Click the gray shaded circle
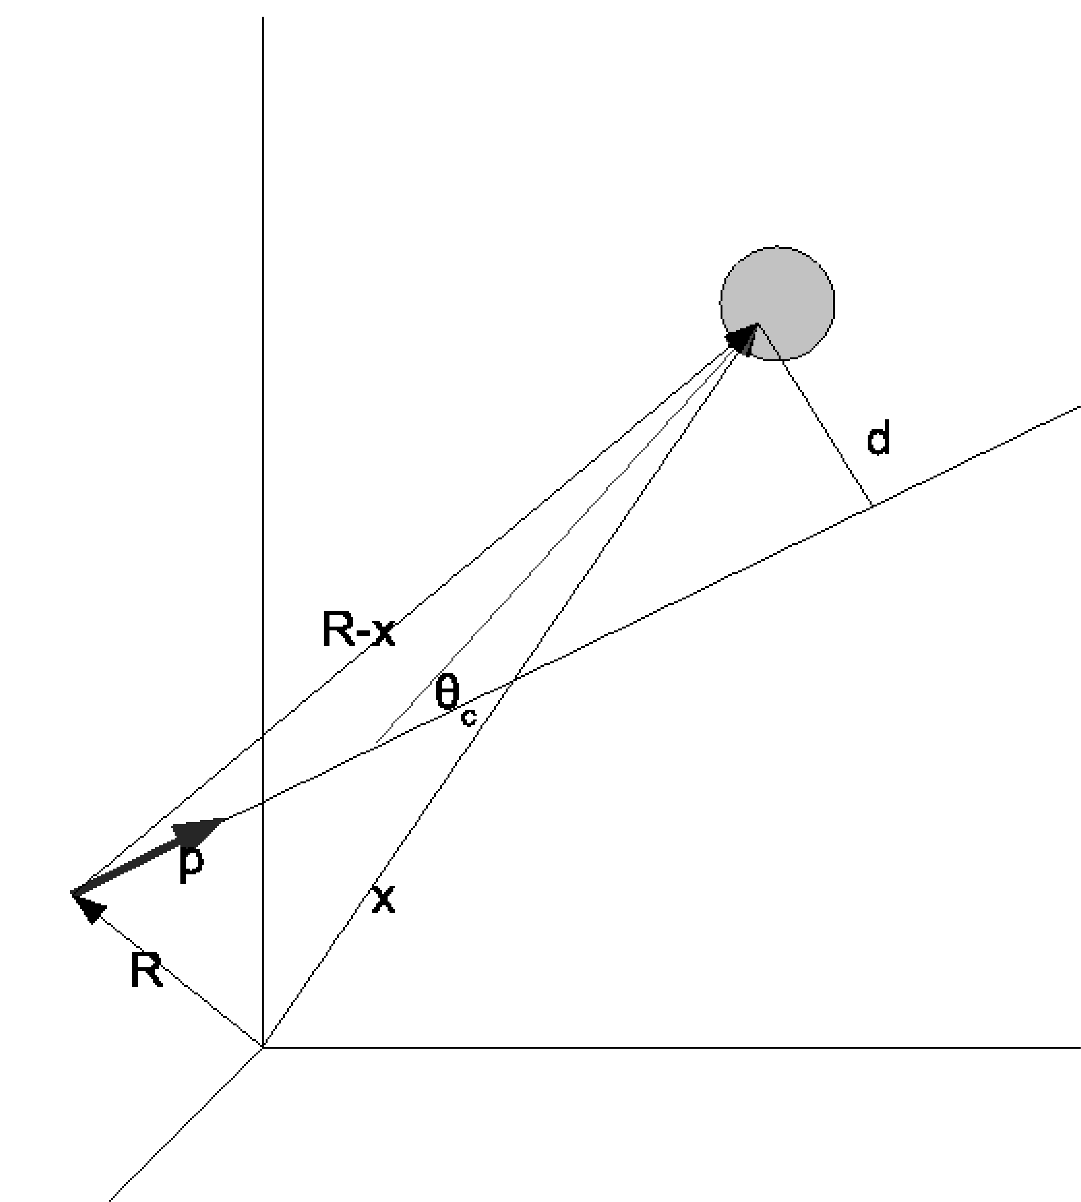(x=790, y=285)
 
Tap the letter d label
(x=878, y=438)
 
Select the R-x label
(x=358, y=629)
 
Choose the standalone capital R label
(x=146, y=970)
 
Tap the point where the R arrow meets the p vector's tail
(x=72, y=893)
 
